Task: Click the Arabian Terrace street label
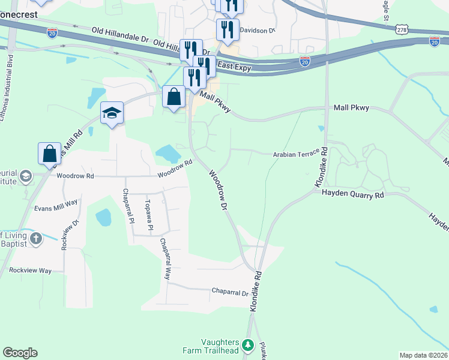(296, 154)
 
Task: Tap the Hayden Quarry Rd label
(352, 194)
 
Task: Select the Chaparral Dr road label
(230, 292)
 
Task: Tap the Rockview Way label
(31, 271)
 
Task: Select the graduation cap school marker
(112, 113)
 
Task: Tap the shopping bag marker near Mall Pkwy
(173, 96)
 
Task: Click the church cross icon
(35, 239)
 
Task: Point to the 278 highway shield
(402, 29)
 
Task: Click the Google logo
(20, 353)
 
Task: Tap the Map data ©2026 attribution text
(423, 355)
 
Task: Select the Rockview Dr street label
(65, 233)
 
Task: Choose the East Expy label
(234, 68)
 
